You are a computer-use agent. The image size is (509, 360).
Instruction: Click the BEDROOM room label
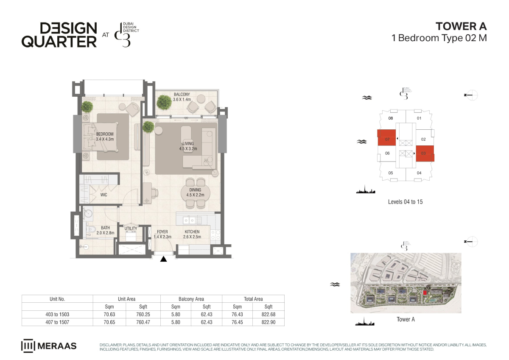click(x=105, y=134)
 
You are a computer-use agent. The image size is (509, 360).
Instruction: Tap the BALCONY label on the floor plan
click(x=182, y=94)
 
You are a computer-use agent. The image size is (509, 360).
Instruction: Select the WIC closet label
click(x=103, y=195)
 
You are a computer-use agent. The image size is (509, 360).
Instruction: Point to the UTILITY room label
click(x=131, y=228)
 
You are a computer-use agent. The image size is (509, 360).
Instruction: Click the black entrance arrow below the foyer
click(x=163, y=259)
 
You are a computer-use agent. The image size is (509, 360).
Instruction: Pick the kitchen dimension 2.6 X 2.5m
click(x=192, y=237)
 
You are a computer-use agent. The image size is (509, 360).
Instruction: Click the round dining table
click(x=196, y=193)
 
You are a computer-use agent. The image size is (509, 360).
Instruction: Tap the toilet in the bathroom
click(x=90, y=229)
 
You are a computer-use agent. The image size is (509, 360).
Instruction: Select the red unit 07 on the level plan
click(x=386, y=138)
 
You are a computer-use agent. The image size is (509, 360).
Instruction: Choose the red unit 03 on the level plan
click(x=425, y=153)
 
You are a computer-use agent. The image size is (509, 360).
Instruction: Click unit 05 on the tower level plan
click(x=391, y=173)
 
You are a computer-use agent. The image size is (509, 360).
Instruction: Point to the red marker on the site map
click(x=425, y=293)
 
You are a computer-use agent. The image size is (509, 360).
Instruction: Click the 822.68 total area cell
click(x=268, y=314)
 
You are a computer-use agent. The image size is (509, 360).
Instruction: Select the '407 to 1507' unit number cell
click(x=57, y=322)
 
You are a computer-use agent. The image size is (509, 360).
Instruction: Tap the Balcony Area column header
click(x=191, y=299)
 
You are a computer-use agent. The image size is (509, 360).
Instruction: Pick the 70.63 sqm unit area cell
click(x=109, y=314)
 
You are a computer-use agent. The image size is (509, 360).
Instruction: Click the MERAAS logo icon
click(x=28, y=346)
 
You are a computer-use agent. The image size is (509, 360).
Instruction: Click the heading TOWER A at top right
click(x=461, y=26)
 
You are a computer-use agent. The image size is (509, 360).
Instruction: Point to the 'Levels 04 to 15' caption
click(x=406, y=202)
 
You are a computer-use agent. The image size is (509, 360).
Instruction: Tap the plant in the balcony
click(x=164, y=102)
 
